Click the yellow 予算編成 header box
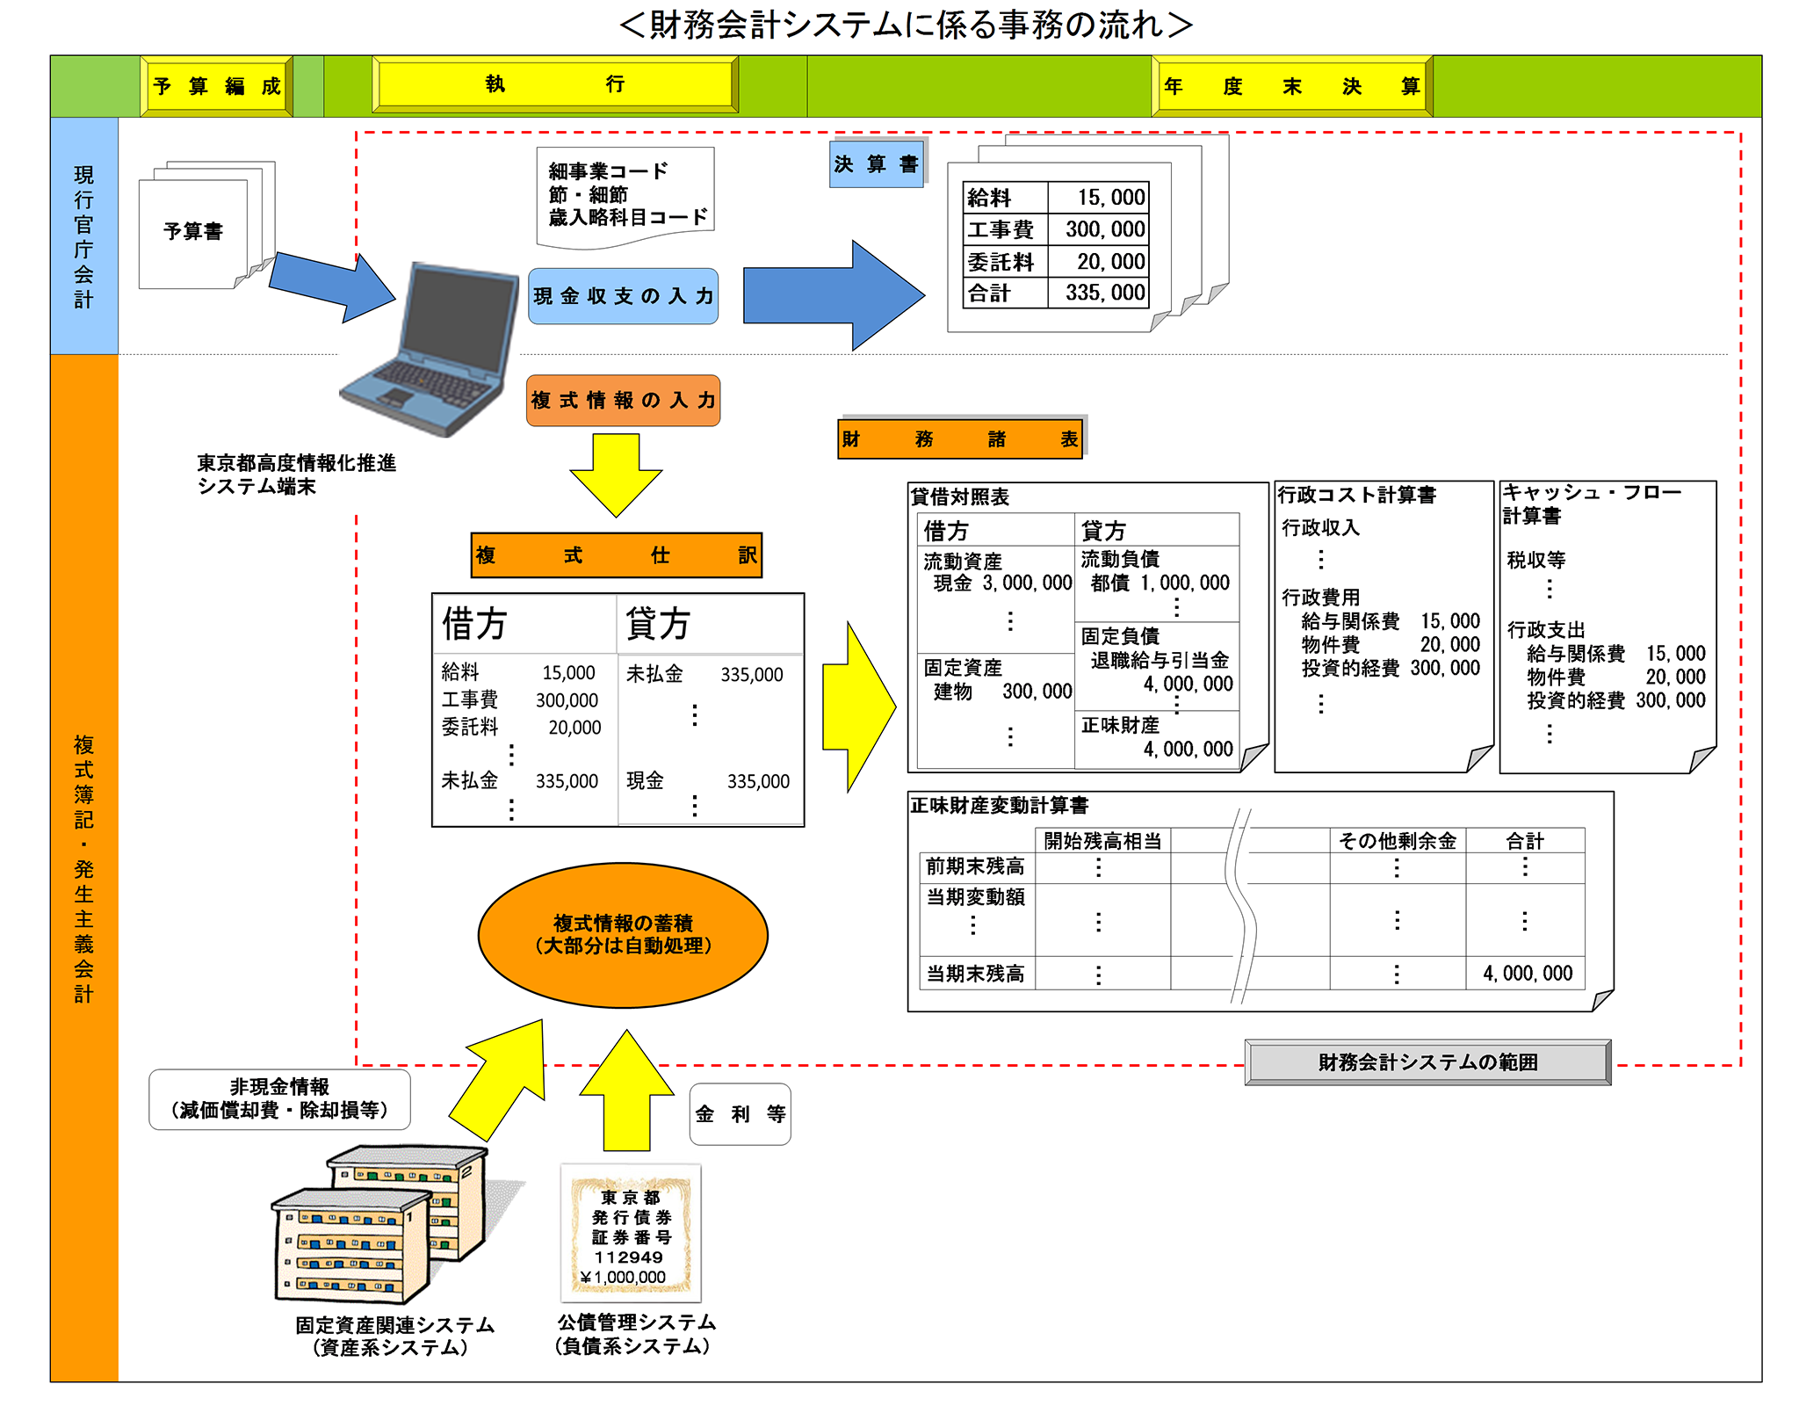pyautogui.click(x=217, y=86)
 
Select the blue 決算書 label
pyautogui.click(x=876, y=164)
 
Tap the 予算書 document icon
pyautogui.click(x=194, y=232)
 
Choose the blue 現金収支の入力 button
pyautogui.click(x=623, y=296)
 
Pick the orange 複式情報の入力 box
pyautogui.click(x=623, y=401)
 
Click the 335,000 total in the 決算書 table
pyautogui.click(x=1104, y=293)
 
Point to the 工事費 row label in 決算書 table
pyautogui.click(x=1001, y=229)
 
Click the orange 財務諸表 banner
pyautogui.click(x=960, y=438)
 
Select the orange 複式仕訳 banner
pyautogui.click(x=616, y=555)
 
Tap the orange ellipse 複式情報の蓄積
pyautogui.click(x=623, y=935)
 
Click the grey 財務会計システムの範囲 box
pyautogui.click(x=1427, y=1062)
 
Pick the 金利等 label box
pyautogui.click(x=740, y=1114)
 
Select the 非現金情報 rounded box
pyautogui.click(x=279, y=1098)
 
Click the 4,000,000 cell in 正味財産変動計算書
pyautogui.click(x=1527, y=974)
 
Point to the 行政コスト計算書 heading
pyautogui.click(x=1356, y=495)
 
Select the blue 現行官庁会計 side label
pyautogui.click(x=84, y=236)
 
